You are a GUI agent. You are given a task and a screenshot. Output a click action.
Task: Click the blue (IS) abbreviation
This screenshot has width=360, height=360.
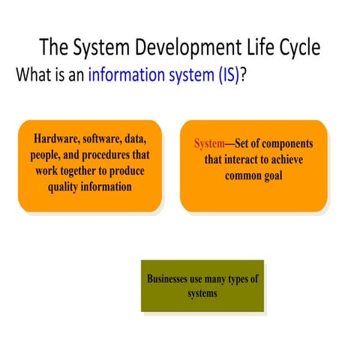223,76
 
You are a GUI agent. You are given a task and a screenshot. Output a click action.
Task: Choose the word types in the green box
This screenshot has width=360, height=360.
233,279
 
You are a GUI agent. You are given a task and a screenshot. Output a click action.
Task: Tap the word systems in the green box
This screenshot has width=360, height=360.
202,293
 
